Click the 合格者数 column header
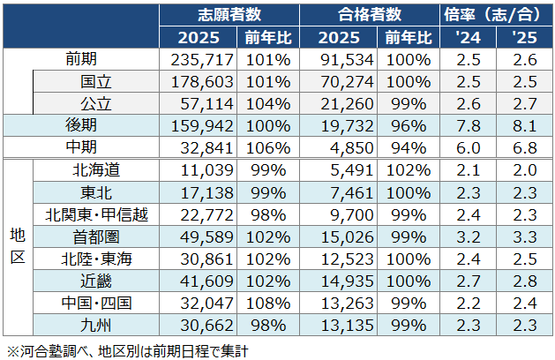(x=370, y=15)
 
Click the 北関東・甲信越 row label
(x=95, y=214)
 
